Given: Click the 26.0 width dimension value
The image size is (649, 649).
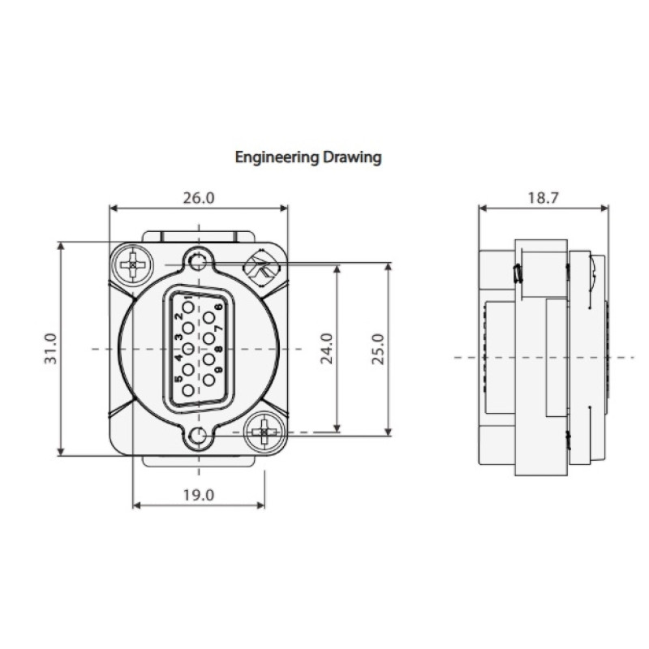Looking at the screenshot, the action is point(199,198).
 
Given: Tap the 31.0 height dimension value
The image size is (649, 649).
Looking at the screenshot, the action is point(51,349).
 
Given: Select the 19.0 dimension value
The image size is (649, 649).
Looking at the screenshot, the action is point(199,495).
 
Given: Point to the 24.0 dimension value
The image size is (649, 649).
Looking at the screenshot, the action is point(327,349).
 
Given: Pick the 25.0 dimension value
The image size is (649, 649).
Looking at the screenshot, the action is point(377,349).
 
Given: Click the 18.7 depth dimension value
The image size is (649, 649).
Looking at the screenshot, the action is point(543,198).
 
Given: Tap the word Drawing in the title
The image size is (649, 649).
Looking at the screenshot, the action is point(352,157).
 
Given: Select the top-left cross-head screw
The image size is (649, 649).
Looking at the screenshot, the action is point(132,264).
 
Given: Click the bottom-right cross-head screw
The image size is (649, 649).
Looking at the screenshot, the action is point(265,432).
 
